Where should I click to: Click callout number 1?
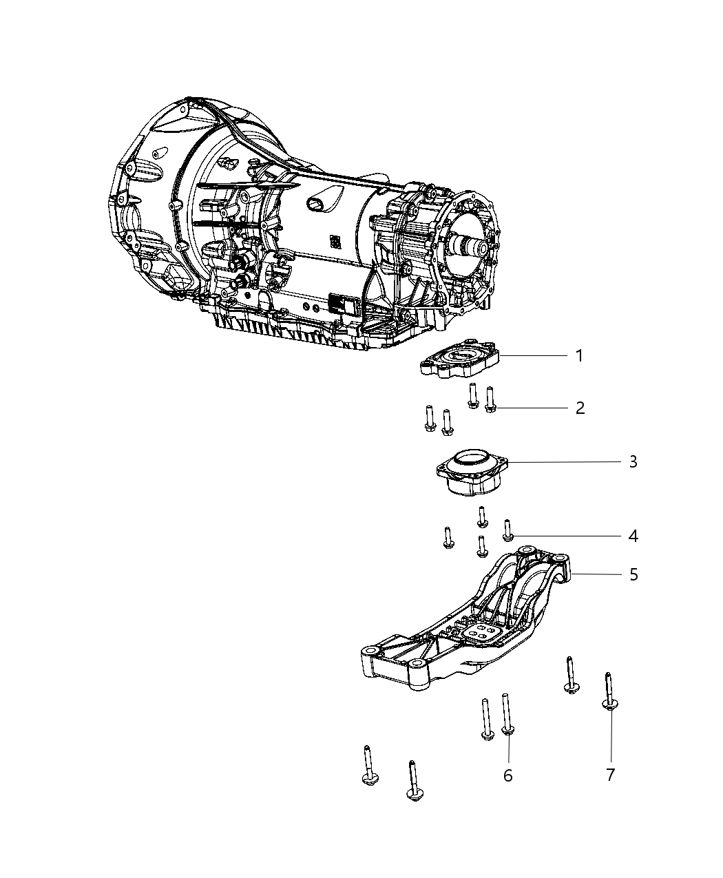580,356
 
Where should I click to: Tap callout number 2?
580,408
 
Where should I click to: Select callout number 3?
633,461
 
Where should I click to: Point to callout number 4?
633,536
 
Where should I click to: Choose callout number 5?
633,574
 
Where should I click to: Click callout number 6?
507,775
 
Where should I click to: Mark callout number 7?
610,775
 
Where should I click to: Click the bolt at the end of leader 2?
490,400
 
